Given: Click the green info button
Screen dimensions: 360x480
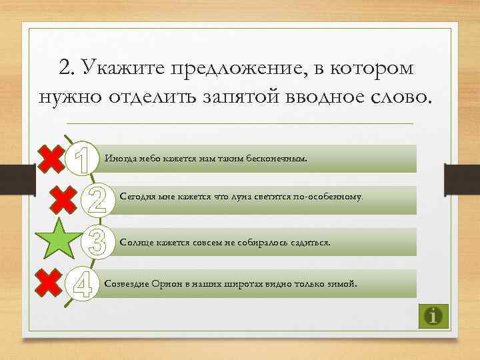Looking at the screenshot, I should click(x=434, y=315).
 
